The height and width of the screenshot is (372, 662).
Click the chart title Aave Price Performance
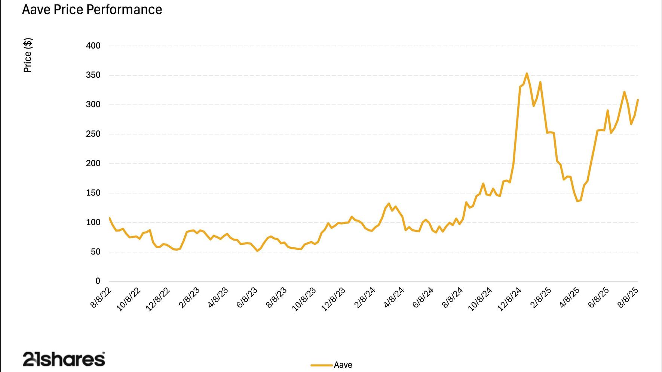click(x=92, y=9)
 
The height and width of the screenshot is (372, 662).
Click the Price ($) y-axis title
click(x=28, y=55)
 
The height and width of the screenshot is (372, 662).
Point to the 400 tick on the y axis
click(x=93, y=46)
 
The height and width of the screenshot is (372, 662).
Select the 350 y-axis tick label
click(x=93, y=75)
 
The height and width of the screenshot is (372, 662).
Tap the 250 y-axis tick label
click(x=93, y=134)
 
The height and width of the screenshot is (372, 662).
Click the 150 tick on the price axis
click(x=93, y=193)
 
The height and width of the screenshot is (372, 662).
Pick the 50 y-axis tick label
click(x=95, y=252)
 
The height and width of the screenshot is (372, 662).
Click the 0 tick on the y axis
click(x=98, y=281)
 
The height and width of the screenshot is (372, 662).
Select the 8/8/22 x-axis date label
click(x=101, y=298)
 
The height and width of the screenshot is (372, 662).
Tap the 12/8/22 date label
click(x=158, y=299)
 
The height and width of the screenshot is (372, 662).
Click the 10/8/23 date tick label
click(x=304, y=299)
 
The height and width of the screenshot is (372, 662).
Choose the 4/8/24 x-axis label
click(x=394, y=298)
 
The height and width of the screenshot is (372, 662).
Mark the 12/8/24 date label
click(x=509, y=299)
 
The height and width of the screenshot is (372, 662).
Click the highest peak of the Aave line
click(x=527, y=74)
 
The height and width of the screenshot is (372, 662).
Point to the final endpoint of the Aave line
click(x=638, y=100)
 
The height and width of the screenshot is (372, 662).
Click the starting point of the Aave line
click(x=109, y=218)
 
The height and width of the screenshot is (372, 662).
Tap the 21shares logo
click(x=64, y=359)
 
